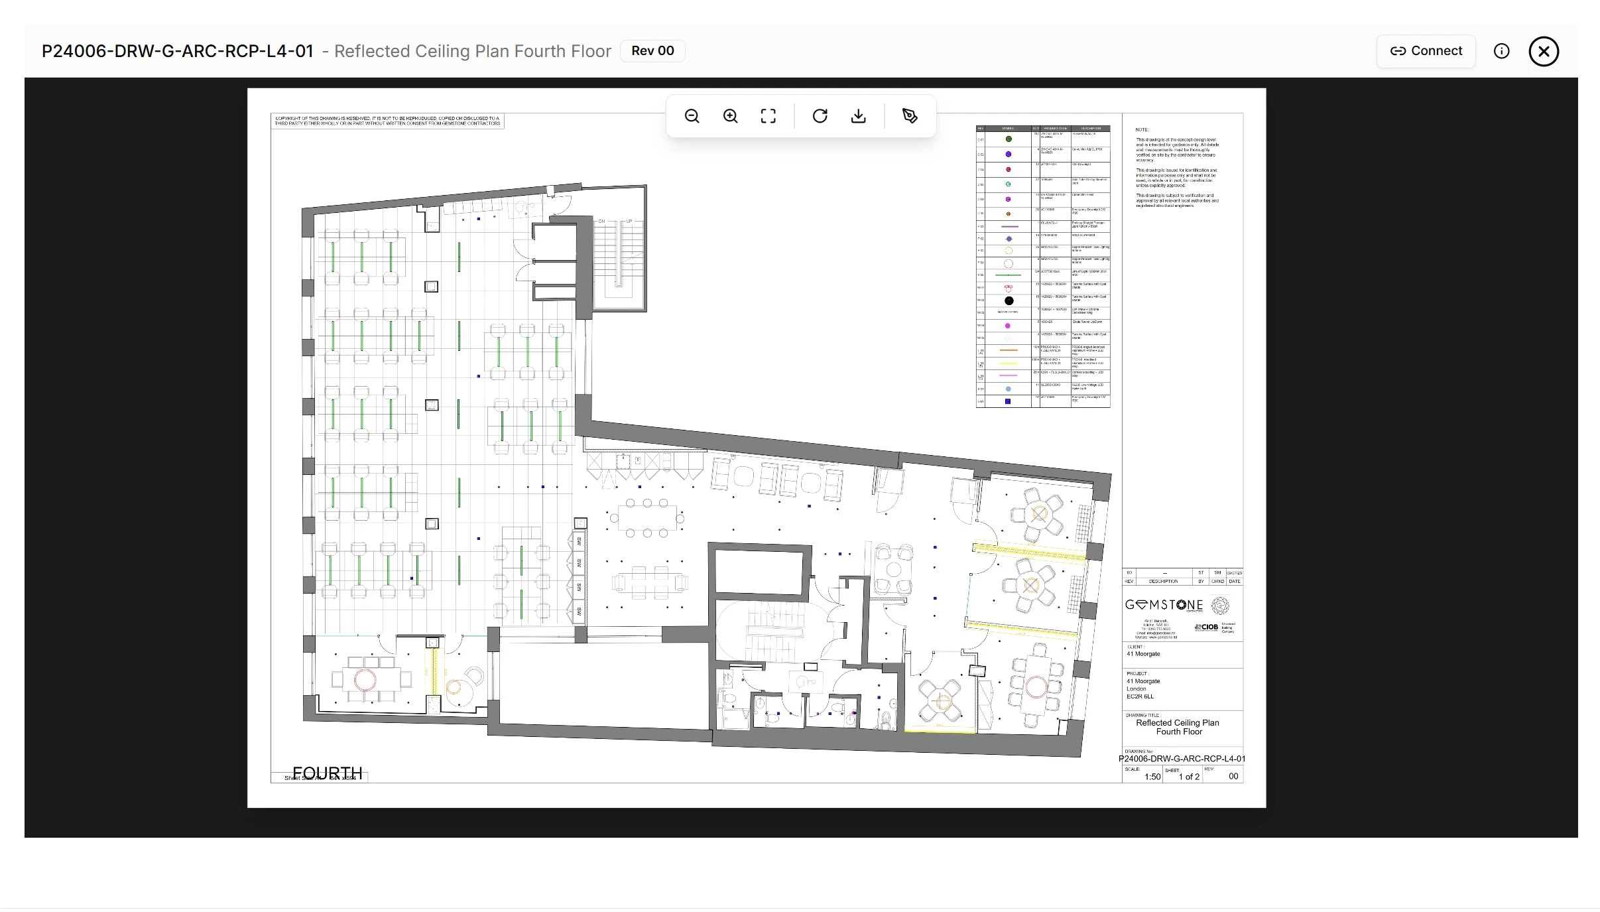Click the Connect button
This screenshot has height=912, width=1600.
[x=1426, y=51]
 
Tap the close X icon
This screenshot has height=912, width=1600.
[x=1544, y=51]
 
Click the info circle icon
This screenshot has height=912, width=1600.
[x=1501, y=51]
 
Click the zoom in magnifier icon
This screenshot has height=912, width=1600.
[x=730, y=116]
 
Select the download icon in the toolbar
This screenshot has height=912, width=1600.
[x=858, y=116]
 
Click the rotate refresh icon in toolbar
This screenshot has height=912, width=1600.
[x=820, y=116]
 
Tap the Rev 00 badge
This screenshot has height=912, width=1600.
[x=652, y=51]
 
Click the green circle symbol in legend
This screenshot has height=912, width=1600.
[x=1009, y=139]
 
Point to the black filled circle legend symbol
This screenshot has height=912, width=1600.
[x=1009, y=300]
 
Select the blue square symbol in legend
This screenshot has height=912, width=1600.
[x=1008, y=401]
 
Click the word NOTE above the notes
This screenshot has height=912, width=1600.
[x=1142, y=130]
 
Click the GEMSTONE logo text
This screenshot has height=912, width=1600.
[x=1164, y=605]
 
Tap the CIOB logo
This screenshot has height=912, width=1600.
[x=1207, y=627]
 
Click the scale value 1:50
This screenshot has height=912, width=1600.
[x=1152, y=777]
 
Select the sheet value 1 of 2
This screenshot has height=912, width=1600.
[x=1189, y=777]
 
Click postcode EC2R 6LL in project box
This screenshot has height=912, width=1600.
[x=1140, y=696]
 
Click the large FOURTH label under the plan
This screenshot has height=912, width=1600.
[x=328, y=773]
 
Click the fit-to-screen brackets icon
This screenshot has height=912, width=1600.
[x=768, y=116]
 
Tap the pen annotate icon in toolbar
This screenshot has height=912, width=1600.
[x=910, y=116]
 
